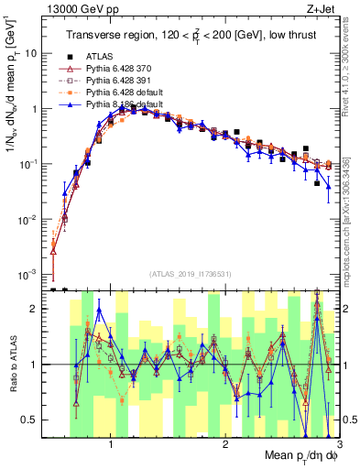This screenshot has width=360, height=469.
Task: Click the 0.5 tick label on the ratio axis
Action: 29,420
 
